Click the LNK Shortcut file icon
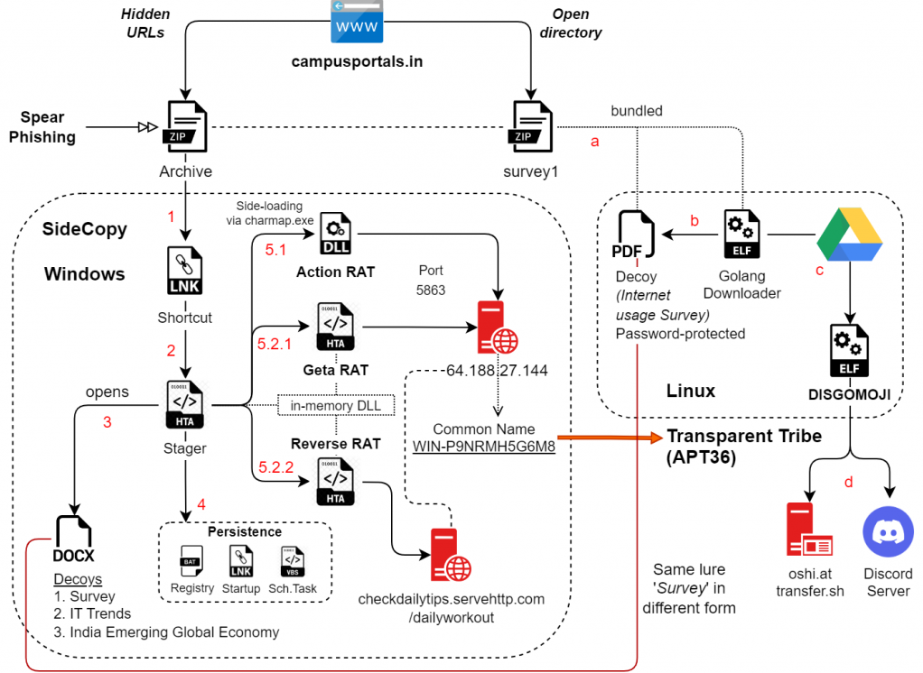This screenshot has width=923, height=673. click(x=185, y=272)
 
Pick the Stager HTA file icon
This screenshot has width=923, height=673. click(x=185, y=405)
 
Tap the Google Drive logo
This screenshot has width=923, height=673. click(x=849, y=234)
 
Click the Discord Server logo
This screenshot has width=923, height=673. click(x=889, y=531)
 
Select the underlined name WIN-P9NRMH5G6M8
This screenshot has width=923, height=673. click(x=483, y=446)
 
